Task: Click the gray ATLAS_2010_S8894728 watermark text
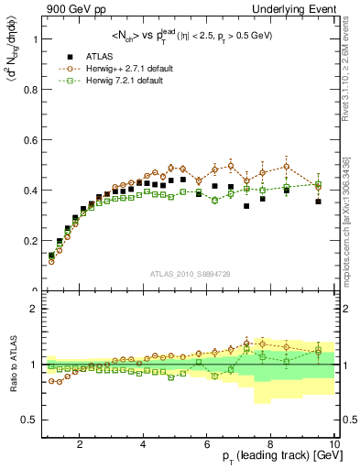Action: coord(189,274)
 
